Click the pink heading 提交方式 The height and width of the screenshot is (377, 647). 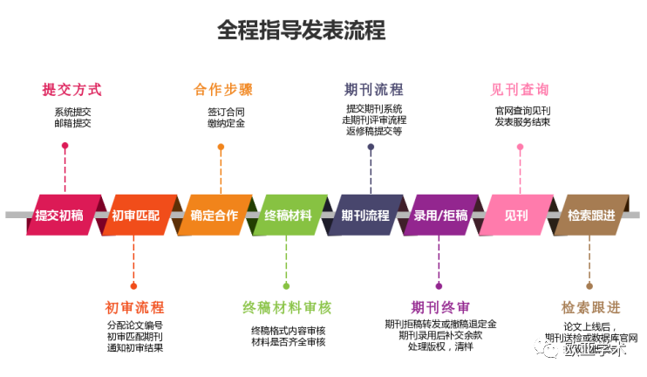[x=72, y=89]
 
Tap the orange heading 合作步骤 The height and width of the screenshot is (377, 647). [x=223, y=89]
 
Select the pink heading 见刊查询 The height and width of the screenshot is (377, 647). [x=521, y=89]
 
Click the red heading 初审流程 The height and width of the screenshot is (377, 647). [x=134, y=308]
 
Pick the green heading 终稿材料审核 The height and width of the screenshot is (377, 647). [x=287, y=308]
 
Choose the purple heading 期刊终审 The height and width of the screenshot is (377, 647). [x=440, y=308]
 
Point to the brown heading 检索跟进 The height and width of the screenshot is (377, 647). [x=591, y=308]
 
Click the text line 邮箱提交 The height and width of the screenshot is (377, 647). [x=72, y=123]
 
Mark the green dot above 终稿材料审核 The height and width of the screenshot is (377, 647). [x=286, y=285]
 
